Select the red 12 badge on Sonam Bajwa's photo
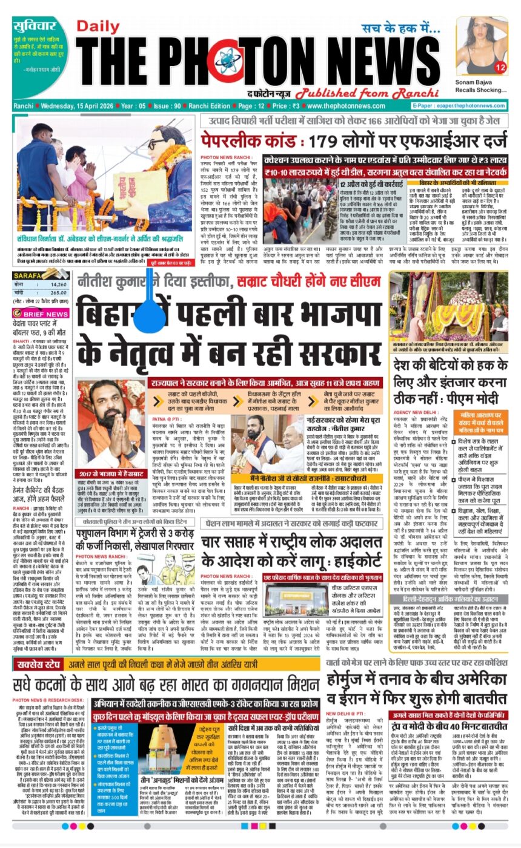[500, 67]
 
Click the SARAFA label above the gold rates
[28, 275]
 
